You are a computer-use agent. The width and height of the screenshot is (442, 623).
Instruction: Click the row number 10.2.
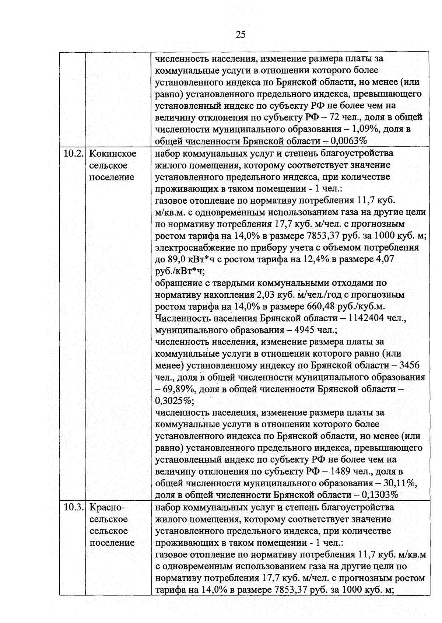(72, 154)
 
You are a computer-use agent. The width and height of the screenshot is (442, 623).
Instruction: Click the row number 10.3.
(72, 508)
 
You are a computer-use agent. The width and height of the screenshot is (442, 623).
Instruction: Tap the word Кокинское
(113, 154)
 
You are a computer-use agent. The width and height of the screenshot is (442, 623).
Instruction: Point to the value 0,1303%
(380, 495)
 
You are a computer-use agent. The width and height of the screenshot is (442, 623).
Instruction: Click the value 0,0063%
(349, 141)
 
